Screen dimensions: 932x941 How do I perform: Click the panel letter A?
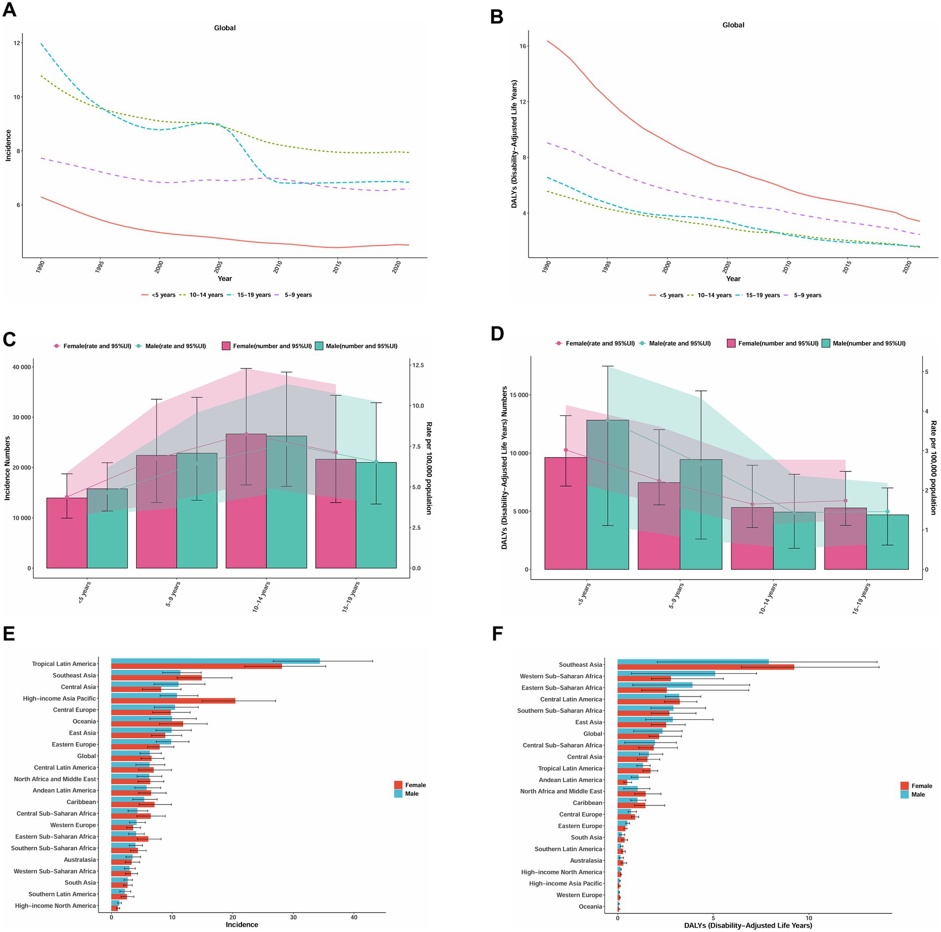9,10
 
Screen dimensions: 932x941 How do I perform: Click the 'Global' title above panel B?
733,25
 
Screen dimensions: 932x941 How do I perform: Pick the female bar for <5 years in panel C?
67,533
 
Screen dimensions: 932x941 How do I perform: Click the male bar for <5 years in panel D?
608,495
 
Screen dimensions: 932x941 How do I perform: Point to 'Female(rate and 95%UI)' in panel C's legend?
97,346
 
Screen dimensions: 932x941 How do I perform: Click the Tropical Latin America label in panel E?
64,664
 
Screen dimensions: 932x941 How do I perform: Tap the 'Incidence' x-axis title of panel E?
242,925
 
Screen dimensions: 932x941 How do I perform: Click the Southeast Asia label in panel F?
580,665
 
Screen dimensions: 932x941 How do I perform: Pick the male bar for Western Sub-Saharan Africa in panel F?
666,673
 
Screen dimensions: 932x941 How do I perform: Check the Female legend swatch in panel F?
904,786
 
